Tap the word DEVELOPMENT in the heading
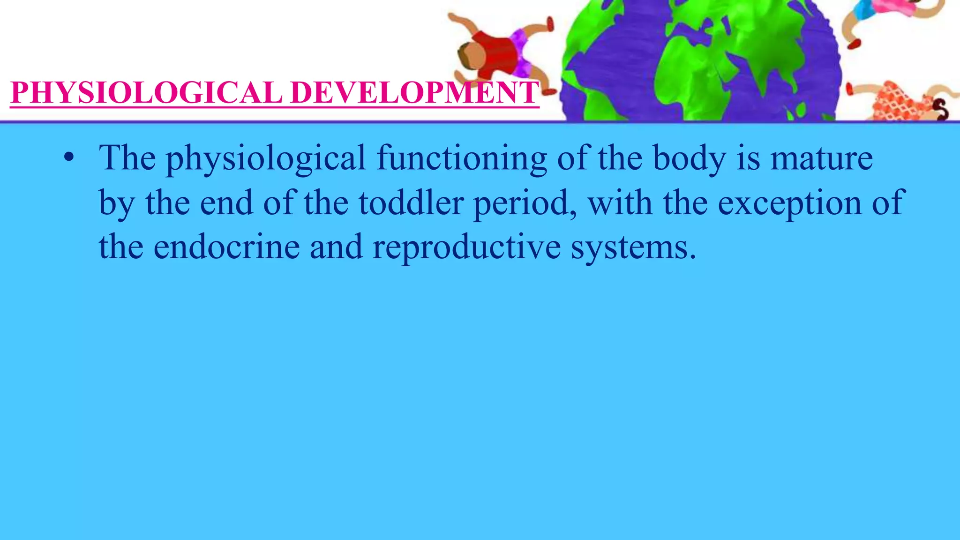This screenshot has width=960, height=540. coord(414,92)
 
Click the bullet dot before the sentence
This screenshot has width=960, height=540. coord(69,158)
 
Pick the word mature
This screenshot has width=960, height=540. coord(821,158)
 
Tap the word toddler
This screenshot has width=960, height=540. coord(411,202)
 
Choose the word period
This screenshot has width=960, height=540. coord(525,203)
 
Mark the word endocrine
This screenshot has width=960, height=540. coord(226,247)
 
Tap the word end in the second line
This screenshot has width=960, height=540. coord(226,202)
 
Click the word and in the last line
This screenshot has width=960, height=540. coord(336,247)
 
